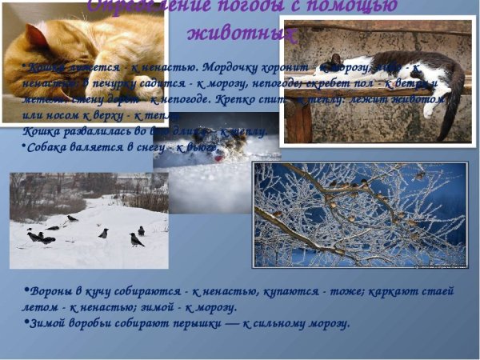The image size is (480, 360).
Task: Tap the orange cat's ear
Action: pos(36,34)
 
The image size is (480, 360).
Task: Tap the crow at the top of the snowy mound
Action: pos(73,218)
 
